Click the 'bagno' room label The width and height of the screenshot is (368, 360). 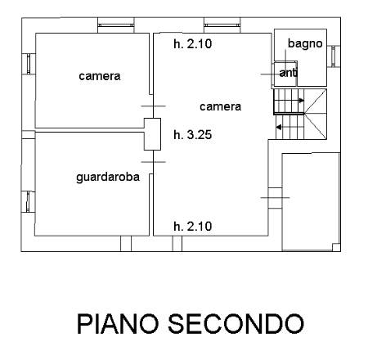click(305, 44)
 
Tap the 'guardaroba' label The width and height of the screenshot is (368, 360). click(108, 178)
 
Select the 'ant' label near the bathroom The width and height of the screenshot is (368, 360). click(288, 73)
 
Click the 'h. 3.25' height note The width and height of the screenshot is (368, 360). click(193, 135)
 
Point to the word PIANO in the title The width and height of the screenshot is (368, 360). click(118, 324)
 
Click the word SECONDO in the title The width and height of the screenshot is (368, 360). click(236, 324)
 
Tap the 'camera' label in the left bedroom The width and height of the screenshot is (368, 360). click(100, 76)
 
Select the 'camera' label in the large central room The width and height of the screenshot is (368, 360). click(220, 106)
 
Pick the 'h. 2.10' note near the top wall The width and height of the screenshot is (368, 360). click(193, 43)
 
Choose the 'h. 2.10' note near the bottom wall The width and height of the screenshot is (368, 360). click(193, 227)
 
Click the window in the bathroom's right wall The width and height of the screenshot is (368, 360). click(334, 56)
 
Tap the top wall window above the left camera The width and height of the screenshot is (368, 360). click(116, 25)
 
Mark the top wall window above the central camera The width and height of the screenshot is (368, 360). click(222, 25)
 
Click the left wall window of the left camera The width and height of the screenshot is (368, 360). click(29, 64)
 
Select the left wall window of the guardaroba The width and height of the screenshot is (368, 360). click(28, 202)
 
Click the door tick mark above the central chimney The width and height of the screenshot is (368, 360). click(153, 106)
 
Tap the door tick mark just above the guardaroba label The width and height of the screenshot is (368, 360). click(153, 162)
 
